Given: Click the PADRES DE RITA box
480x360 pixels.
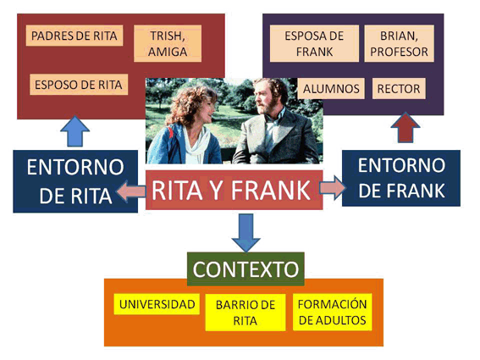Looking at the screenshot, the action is [74, 36].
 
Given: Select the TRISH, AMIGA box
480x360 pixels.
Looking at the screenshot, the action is [168, 43].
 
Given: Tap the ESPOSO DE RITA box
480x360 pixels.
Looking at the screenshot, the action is [79, 84].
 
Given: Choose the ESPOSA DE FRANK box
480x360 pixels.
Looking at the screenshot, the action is [314, 43].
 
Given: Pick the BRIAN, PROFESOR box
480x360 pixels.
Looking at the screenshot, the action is [400, 43].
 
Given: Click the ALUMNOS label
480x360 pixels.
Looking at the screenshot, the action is [331, 89].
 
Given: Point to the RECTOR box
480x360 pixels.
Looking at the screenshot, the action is [399, 89].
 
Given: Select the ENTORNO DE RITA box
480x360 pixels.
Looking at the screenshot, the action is [75, 181].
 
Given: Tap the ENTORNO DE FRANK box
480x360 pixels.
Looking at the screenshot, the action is [401, 178].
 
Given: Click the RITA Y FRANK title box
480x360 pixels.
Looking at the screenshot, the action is [234, 190].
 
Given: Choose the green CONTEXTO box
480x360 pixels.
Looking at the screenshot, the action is [246, 269].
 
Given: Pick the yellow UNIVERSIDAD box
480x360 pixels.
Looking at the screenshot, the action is [157, 304].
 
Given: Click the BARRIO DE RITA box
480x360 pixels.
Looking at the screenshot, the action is [246, 313].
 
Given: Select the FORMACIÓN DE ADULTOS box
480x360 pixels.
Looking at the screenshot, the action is [333, 313].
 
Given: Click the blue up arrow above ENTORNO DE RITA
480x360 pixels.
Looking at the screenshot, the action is [75, 132].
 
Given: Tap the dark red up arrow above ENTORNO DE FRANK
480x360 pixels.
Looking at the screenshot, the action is [406, 128].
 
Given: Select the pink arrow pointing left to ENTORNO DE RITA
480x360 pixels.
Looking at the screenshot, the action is [130, 191].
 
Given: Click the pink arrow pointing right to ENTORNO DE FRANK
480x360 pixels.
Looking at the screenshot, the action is [333, 187].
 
